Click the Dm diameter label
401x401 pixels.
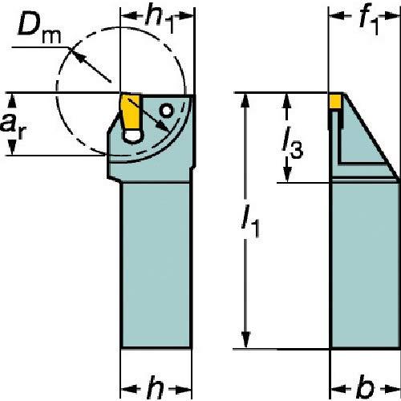pyautogui.click(x=39, y=30)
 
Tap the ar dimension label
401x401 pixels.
pyautogui.click(x=14, y=125)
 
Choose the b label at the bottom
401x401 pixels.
pyautogui.click(x=366, y=387)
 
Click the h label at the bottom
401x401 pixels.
pyautogui.click(x=156, y=387)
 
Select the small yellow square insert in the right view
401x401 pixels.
pyautogui.click(x=336, y=101)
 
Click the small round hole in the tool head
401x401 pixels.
pyautogui.click(x=167, y=111)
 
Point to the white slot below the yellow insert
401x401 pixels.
pyautogui.click(x=134, y=136)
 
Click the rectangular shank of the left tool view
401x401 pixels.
pyautogui.click(x=156, y=265)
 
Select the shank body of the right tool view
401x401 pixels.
pyautogui.click(x=366, y=265)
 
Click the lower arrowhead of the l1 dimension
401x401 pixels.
pyautogui.click(x=245, y=340)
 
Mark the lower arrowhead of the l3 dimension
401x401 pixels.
pyautogui.click(x=287, y=174)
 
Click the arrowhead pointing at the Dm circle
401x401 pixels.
pyautogui.click(x=76, y=55)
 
